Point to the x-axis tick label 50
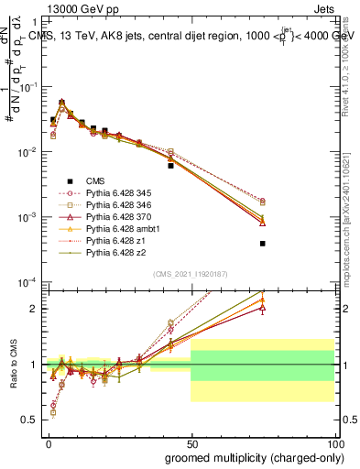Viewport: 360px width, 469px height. tap(191, 442)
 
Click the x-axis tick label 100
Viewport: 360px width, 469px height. tap(333, 442)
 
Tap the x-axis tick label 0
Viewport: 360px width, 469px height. tap(48, 442)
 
